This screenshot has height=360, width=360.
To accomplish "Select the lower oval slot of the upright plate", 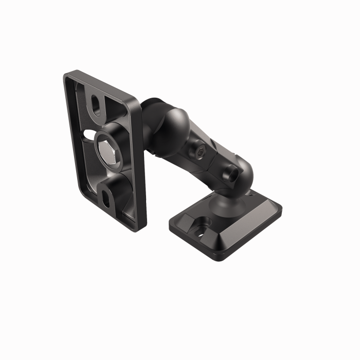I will (x=106, y=197).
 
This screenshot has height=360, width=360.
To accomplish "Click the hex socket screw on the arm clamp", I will (x=201, y=151).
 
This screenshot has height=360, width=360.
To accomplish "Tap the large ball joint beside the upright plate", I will (x=175, y=123).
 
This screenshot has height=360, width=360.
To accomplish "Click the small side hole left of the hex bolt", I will (x=84, y=137).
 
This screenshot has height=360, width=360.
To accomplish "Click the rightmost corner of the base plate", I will (x=281, y=208).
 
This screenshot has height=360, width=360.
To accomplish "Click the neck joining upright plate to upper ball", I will (x=149, y=129).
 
